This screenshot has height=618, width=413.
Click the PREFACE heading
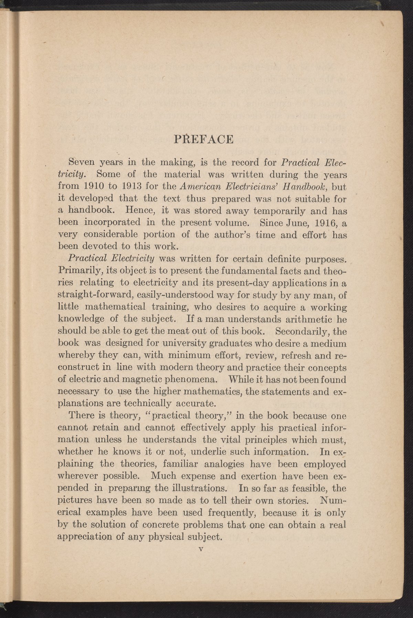pos(204,139)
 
